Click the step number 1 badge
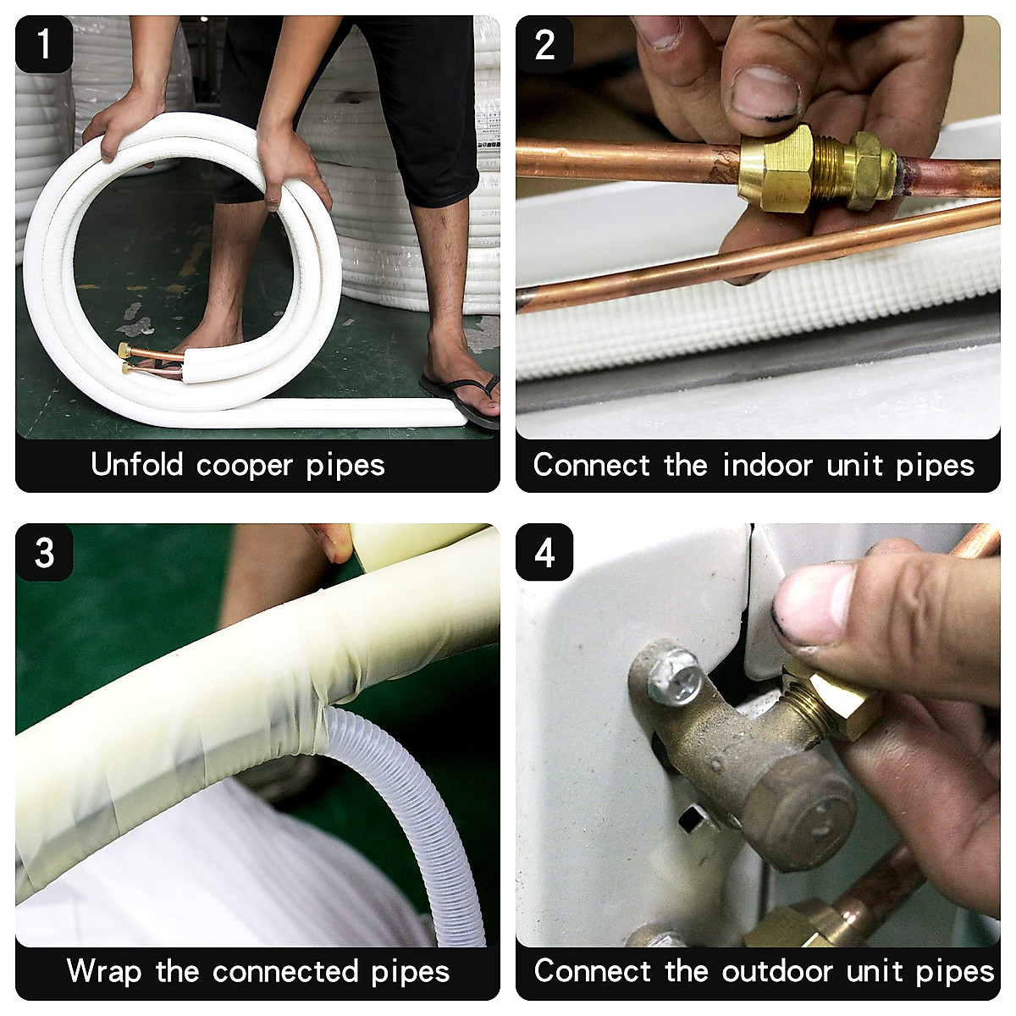pos(44,44)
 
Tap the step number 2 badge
pos(544,44)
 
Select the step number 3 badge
pos(44,552)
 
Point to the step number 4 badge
pos(544,552)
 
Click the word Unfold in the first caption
pos(137,465)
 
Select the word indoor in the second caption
pos(767,465)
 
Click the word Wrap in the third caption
pos(104,972)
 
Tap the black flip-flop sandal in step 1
pos(461,399)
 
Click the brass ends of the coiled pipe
pos(126,358)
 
